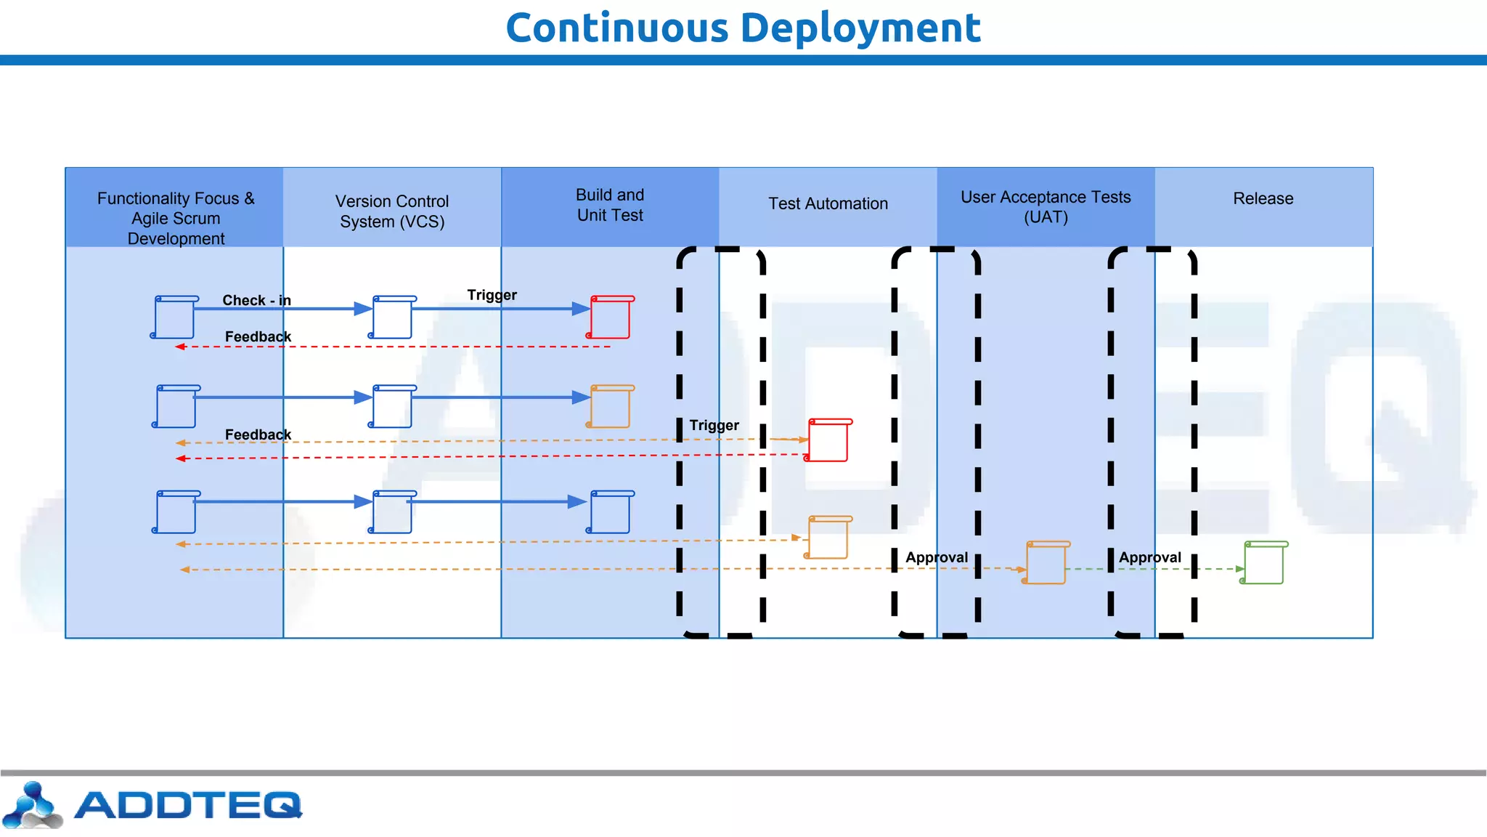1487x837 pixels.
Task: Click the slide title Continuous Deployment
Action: pos(743,28)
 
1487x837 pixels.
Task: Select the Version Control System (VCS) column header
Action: pos(392,211)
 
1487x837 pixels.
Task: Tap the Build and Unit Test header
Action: pos(610,205)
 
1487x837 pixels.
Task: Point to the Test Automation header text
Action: pos(828,203)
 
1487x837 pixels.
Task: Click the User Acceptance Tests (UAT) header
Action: pos(1046,207)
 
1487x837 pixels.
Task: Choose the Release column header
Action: pos(1263,198)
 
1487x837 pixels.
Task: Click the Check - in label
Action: pos(256,300)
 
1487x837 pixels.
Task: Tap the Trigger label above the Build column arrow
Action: pos(492,295)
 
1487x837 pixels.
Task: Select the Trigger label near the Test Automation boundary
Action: pos(714,425)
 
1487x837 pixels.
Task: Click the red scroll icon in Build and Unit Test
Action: pos(610,318)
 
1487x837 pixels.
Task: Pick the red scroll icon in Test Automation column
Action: pos(828,440)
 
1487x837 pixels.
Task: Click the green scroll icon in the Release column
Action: pos(1263,562)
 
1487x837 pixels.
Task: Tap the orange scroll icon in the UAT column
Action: pos(1046,562)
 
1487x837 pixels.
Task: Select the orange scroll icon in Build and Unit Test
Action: pos(610,407)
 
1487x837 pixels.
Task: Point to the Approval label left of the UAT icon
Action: pos(937,557)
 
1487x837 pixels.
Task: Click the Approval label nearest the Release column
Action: pos(1149,557)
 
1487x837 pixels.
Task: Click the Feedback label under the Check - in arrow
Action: pos(258,336)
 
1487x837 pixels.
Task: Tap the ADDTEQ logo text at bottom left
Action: pos(187,805)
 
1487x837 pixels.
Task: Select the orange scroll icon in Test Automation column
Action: pos(828,538)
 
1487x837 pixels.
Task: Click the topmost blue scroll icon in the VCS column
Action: pos(392,318)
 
